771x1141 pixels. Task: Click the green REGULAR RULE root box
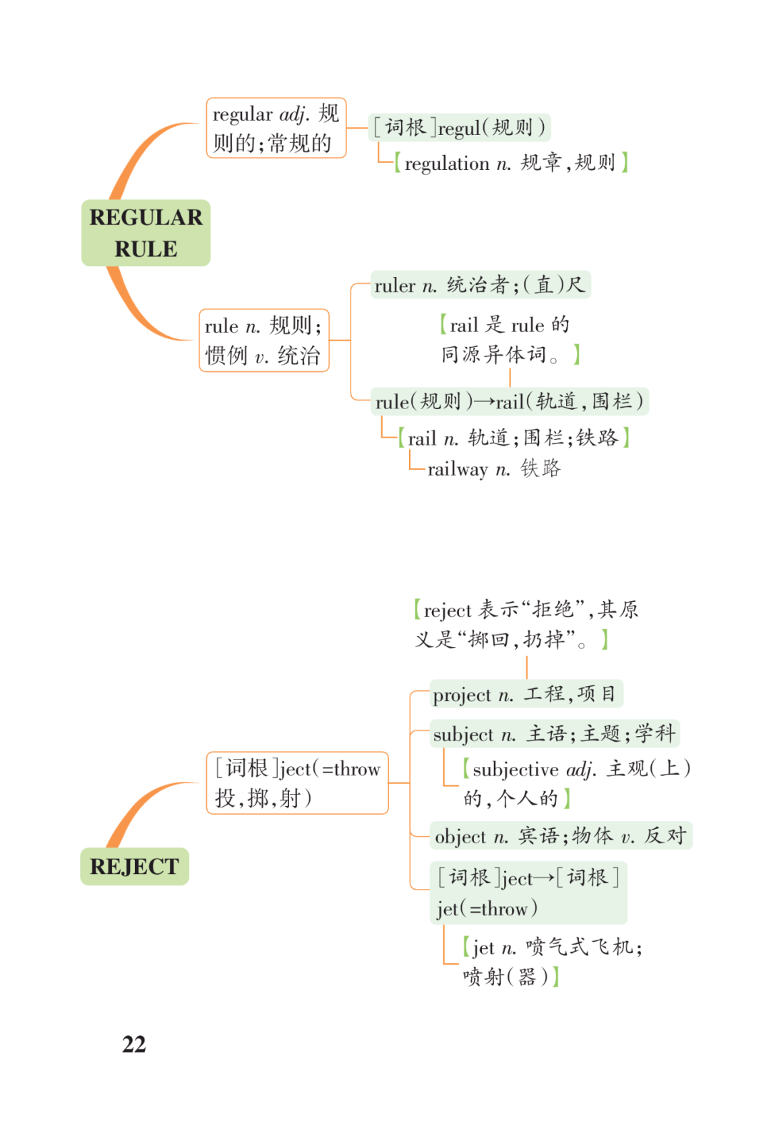pyautogui.click(x=146, y=233)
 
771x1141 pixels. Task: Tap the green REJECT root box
pyautogui.click(x=134, y=866)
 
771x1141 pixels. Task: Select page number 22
pyautogui.click(x=134, y=1044)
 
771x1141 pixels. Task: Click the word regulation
pyautogui.click(x=447, y=164)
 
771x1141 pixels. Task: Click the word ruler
pyautogui.click(x=395, y=286)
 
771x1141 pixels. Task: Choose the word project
pyautogui.click(x=462, y=695)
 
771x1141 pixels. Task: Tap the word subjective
pyautogui.click(x=515, y=770)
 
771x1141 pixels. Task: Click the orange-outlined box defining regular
pyautogui.click(x=276, y=128)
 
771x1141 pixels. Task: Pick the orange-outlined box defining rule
pyautogui.click(x=264, y=341)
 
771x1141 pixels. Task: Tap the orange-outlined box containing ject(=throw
pyautogui.click(x=298, y=783)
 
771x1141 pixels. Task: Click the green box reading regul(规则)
pyautogui.click(x=459, y=127)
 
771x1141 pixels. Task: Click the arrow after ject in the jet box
pyautogui.click(x=544, y=878)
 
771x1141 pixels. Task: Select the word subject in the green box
pyautogui.click(x=463, y=735)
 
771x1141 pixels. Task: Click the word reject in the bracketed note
pyautogui.click(x=448, y=610)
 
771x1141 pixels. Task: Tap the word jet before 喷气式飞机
pyautogui.click(x=483, y=948)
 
